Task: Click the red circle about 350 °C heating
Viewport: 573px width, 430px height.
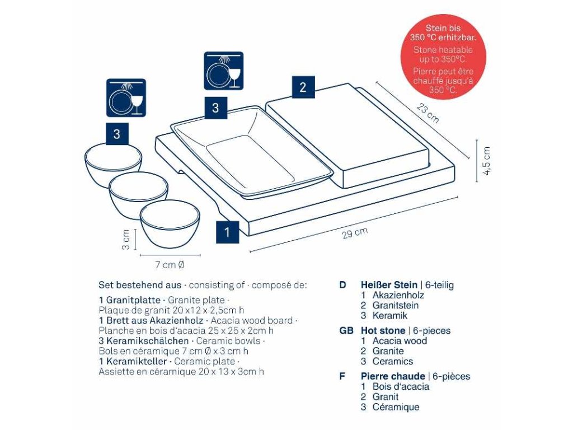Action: pos(443,57)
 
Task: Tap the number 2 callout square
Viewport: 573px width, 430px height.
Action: pos(303,87)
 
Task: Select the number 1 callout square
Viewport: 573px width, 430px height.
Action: pos(227,232)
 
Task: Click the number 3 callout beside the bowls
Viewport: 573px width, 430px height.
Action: pos(117,134)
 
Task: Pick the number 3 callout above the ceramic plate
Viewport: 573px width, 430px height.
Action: pos(215,108)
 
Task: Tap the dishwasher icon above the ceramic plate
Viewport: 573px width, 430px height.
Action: pos(224,71)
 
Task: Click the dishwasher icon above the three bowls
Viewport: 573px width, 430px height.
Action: pos(126,98)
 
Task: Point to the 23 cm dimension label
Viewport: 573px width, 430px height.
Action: pos(428,113)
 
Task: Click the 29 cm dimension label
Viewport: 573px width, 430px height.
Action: pos(355,233)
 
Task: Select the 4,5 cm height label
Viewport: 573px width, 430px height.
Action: pos(486,161)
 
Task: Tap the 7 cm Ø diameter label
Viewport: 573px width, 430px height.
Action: pos(170,265)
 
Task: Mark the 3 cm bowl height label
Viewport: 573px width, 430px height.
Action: pos(125,240)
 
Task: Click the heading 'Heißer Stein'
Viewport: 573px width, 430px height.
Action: pos(389,285)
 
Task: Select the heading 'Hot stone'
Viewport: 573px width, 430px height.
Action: pos(383,330)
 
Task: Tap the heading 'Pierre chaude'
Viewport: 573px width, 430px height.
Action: pos(393,376)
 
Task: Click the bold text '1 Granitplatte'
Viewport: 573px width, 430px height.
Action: pos(130,300)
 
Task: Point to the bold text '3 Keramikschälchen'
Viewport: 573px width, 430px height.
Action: pos(144,341)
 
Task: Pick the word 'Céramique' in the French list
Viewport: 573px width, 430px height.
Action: pos(396,407)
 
